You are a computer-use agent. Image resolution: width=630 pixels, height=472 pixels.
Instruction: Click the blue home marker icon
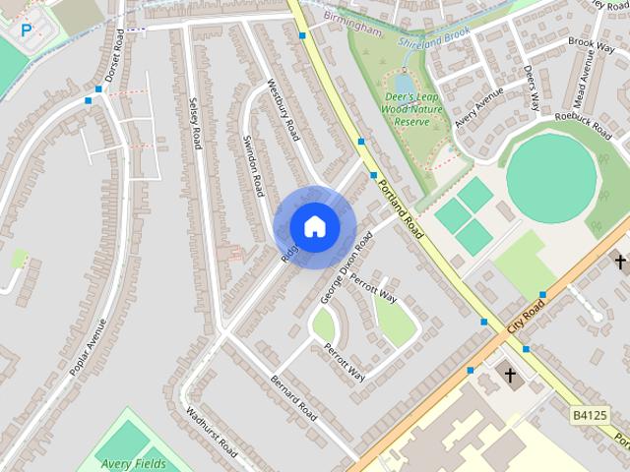click(314, 226)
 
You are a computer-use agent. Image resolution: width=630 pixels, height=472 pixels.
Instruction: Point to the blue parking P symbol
click(27, 30)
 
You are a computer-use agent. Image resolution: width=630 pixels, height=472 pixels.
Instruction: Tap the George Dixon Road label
click(346, 266)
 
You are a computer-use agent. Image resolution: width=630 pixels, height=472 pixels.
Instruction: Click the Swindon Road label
click(254, 164)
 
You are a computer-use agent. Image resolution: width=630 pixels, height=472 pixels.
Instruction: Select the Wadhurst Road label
click(211, 434)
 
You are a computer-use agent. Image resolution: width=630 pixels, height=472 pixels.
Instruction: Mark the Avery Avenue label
click(478, 107)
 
